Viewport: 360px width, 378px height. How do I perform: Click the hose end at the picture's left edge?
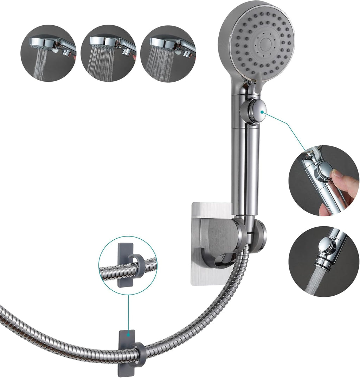click(x=3, y=312)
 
